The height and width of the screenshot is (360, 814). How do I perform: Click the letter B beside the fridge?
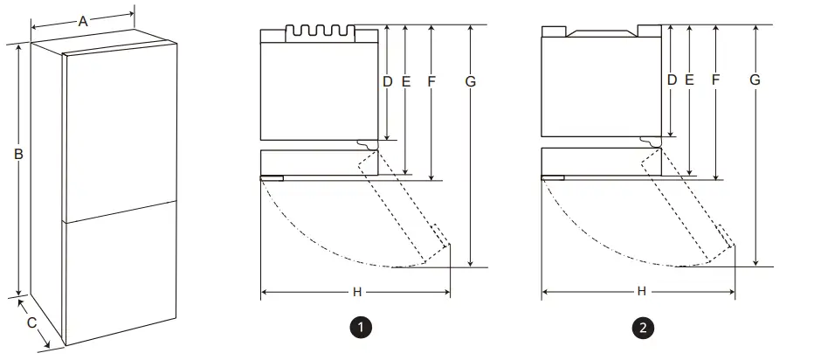click(x=17, y=155)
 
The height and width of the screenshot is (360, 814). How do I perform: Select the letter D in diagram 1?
click(x=388, y=80)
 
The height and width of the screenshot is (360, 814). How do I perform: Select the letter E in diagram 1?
click(x=406, y=80)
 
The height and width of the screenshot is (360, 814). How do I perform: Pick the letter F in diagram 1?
click(x=431, y=80)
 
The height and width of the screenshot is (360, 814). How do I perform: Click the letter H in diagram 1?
click(x=356, y=291)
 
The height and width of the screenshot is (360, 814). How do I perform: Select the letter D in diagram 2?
click(x=672, y=80)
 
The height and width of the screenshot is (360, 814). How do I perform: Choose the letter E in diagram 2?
click(x=690, y=80)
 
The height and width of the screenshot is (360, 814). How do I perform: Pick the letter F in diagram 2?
click(x=715, y=80)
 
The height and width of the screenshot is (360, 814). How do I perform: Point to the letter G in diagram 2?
click(x=755, y=80)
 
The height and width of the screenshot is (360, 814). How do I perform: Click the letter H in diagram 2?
click(x=641, y=291)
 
